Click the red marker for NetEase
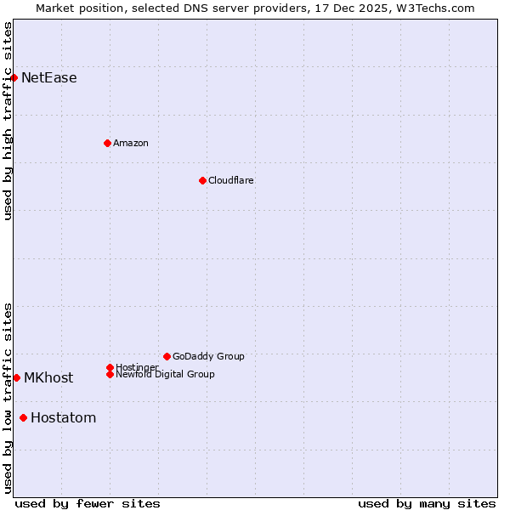pyautogui.click(x=14, y=78)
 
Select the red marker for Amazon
pyautogui.click(x=107, y=143)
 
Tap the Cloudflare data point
pyautogui.click(x=202, y=180)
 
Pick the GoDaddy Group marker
pyautogui.click(x=167, y=356)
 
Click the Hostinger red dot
pyautogui.click(x=110, y=367)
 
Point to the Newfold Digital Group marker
pyautogui.click(x=110, y=374)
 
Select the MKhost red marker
pyautogui.click(x=16, y=377)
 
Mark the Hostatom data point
pyautogui.click(x=23, y=417)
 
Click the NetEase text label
pyautogui.click(x=49, y=78)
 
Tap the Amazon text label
pyautogui.click(x=131, y=143)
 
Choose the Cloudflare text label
pyautogui.click(x=231, y=180)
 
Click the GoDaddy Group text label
pyautogui.click(x=208, y=356)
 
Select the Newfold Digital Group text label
pyautogui.click(x=166, y=375)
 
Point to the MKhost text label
pyautogui.click(x=48, y=378)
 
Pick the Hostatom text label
pyautogui.click(x=64, y=418)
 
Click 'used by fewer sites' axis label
pyautogui.click(x=88, y=503)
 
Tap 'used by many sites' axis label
pyautogui.click(x=427, y=503)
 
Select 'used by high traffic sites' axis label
pyautogui.click(x=8, y=121)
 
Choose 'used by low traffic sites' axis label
pyautogui.click(x=8, y=397)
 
